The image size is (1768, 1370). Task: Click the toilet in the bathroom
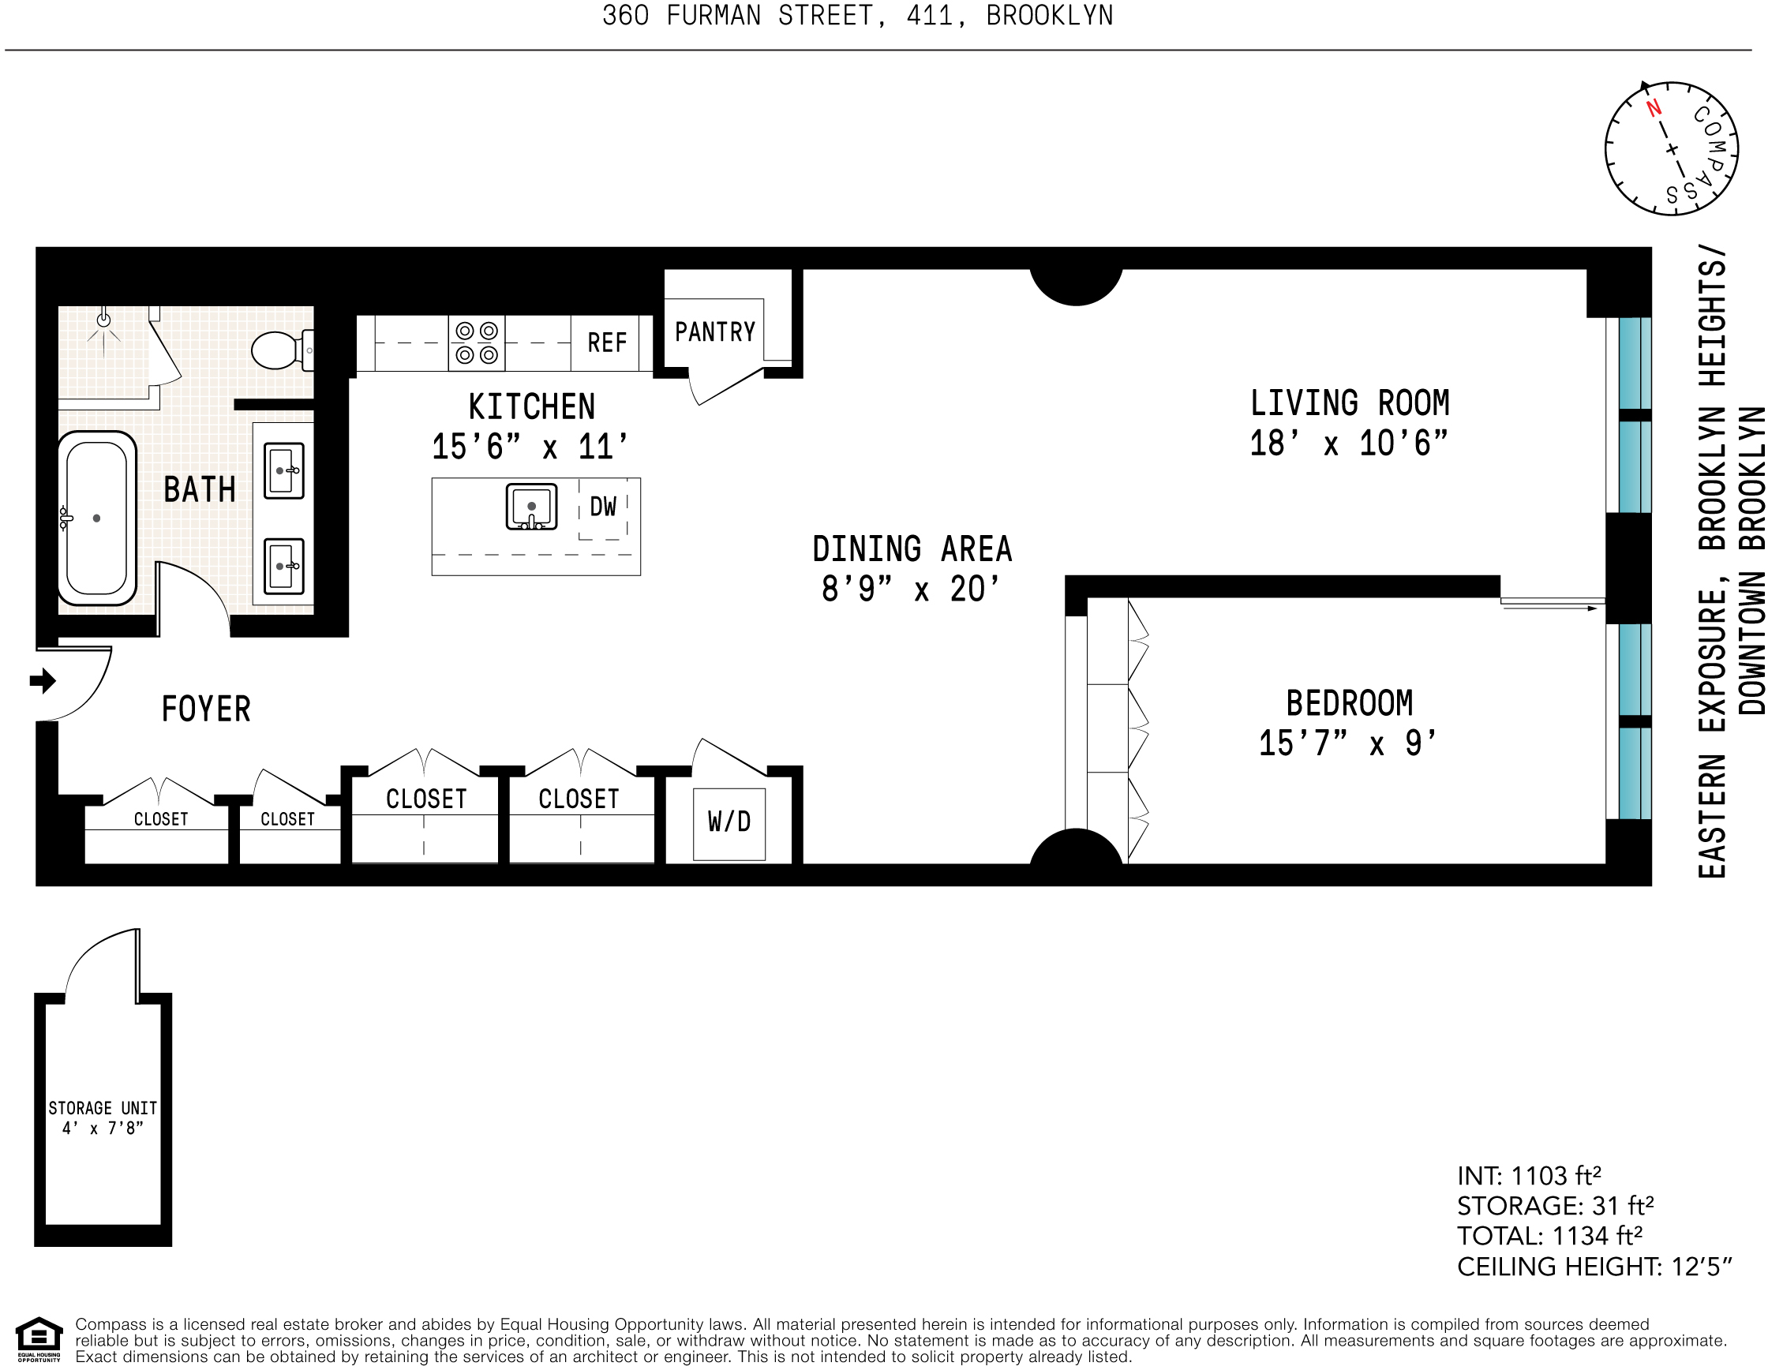278,350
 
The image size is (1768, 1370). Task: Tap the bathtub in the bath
96,518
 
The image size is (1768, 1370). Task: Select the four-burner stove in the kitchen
477,343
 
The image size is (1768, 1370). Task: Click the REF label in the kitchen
607,343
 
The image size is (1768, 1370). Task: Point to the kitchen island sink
531,507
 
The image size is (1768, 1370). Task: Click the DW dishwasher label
603,507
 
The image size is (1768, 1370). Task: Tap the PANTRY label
715,331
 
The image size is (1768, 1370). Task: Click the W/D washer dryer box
729,823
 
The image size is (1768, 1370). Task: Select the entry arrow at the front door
43,680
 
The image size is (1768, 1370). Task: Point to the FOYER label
206,709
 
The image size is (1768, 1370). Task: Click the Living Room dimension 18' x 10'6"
1349,444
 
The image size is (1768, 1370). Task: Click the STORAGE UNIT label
103,1108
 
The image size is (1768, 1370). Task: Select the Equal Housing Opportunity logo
39,1340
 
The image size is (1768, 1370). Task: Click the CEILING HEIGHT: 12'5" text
1594,1267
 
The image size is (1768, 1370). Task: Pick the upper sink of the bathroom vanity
284,470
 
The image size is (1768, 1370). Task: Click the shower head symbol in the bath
103,320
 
